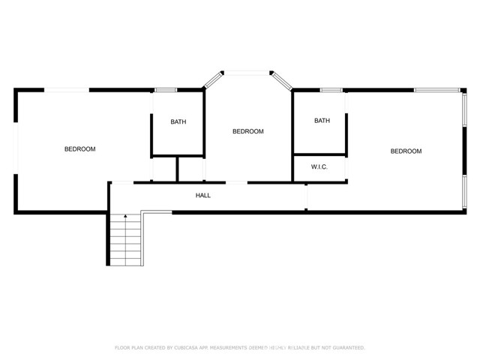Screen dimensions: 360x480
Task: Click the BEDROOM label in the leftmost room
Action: (79, 149)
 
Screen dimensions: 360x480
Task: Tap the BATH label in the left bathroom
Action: (178, 121)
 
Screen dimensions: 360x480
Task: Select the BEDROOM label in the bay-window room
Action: (247, 131)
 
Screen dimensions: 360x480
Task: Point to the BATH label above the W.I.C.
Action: (322, 121)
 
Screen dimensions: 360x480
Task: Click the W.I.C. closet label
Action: (319, 167)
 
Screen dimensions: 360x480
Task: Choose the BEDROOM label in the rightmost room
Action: (406, 151)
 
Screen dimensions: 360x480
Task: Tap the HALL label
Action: (203, 196)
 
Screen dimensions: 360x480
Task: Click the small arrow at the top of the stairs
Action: (125, 217)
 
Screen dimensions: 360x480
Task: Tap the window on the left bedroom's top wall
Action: (67, 90)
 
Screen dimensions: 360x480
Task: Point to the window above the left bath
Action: (166, 90)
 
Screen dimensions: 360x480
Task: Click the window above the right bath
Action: (331, 91)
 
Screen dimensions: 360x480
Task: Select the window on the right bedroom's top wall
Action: (437, 91)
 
